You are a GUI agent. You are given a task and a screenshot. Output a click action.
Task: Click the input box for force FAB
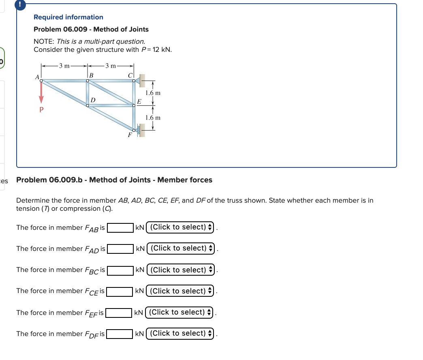pyautogui.click(x=120, y=227)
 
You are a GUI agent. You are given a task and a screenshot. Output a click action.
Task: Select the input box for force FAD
pyautogui.click(x=120, y=249)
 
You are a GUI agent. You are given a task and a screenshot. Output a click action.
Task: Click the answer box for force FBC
pyautogui.click(x=120, y=270)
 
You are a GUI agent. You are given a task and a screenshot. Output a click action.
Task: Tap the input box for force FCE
pyautogui.click(x=120, y=291)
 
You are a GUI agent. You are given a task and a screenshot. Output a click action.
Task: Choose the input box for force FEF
pyautogui.click(x=119, y=313)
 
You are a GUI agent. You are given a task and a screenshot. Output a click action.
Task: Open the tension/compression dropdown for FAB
pyautogui.click(x=181, y=227)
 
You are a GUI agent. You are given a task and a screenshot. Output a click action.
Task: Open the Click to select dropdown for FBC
pyautogui.click(x=181, y=270)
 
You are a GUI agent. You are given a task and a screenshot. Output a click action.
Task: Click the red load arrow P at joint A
pyautogui.click(x=41, y=94)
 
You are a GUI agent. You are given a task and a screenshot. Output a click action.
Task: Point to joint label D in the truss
pyautogui.click(x=93, y=100)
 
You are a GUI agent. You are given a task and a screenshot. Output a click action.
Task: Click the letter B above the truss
pyautogui.click(x=91, y=75)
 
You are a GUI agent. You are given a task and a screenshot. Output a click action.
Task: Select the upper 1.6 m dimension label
pyautogui.click(x=153, y=93)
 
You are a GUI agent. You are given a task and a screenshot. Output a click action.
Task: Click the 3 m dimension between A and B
pyautogui.click(x=64, y=66)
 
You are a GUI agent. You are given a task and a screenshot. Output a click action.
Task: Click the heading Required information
pyautogui.click(x=68, y=17)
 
